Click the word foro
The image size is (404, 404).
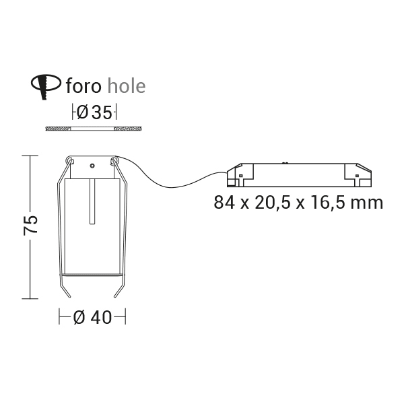pos(83,86)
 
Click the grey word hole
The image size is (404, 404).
pos(127,86)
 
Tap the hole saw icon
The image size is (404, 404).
pos(46,86)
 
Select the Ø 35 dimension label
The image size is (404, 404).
pos(94,112)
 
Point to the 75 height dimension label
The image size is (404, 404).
pos(30,226)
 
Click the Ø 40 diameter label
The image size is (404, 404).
pos(92,317)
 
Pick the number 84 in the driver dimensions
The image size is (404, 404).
pos(224,203)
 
